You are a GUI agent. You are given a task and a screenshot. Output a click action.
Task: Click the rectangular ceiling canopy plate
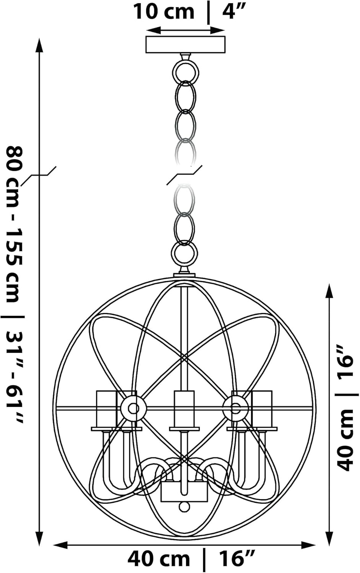(185, 45)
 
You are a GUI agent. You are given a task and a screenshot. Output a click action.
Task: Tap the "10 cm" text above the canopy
(164, 12)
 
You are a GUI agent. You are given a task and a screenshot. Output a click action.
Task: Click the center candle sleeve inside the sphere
(184, 408)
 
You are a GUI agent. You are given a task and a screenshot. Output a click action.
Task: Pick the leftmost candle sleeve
(107, 408)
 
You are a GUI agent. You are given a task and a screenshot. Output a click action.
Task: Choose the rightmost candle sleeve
(262, 408)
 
